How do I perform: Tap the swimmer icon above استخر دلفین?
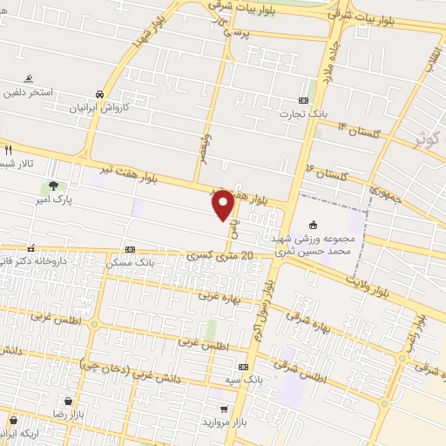click(x=30, y=78)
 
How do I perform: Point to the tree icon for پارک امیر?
click(x=54, y=186)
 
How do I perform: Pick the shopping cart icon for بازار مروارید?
click(x=224, y=409)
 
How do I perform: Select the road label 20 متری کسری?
click(x=221, y=255)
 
